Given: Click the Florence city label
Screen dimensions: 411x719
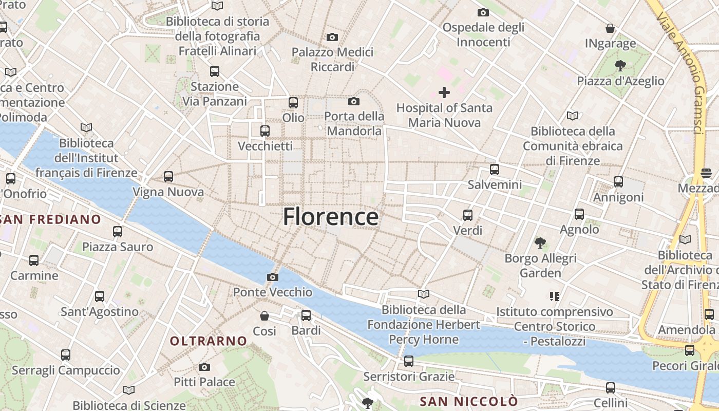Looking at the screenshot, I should [x=331, y=217].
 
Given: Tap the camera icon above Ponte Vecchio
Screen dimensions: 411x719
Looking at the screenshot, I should [x=273, y=277].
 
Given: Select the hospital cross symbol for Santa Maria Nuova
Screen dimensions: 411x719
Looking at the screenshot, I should [x=444, y=92].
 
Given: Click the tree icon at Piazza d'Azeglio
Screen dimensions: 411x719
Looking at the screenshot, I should [x=620, y=65].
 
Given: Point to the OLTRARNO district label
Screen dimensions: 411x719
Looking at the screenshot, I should [x=209, y=341].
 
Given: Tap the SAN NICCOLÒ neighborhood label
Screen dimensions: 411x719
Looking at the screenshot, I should [x=469, y=401].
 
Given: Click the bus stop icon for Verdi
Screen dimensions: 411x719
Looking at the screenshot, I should [x=467, y=215].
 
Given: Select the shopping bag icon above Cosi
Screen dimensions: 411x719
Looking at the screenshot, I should [x=264, y=315].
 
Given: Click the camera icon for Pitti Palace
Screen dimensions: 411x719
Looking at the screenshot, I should [x=204, y=367].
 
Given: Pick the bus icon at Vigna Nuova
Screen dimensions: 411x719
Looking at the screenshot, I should [x=168, y=177].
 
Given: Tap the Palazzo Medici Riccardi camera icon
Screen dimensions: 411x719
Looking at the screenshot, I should [x=332, y=37].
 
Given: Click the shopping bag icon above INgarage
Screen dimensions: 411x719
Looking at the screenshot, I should [x=610, y=28].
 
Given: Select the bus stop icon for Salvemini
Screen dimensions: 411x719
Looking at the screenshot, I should [x=495, y=169].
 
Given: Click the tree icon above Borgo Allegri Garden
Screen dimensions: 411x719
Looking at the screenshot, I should [x=540, y=242].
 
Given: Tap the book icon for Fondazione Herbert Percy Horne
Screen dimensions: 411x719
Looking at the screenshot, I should [x=424, y=294].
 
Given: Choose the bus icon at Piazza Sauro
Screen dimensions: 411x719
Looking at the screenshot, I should [x=118, y=232].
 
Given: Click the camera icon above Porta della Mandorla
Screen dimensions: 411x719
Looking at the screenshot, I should [x=354, y=101].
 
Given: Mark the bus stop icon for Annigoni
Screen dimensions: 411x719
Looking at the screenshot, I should [x=618, y=181].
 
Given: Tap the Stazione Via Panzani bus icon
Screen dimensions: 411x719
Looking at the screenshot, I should [x=215, y=71].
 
